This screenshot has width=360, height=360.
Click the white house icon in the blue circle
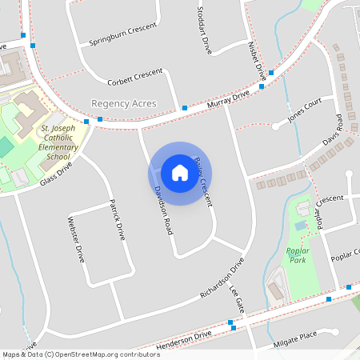pos(180,172)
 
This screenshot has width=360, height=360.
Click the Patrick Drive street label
pos(117,219)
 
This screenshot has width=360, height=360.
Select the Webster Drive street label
pos(76,239)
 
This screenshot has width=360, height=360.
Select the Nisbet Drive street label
pos(256,59)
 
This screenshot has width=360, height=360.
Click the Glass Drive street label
pos(55,175)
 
